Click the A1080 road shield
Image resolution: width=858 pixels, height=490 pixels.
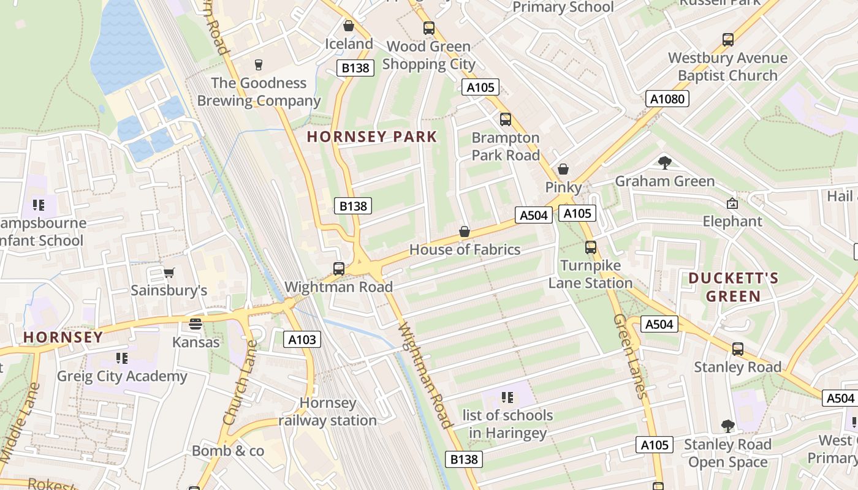coord(667,99)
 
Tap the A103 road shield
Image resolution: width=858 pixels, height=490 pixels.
coord(302,339)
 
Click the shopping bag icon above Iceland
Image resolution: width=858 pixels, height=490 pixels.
coord(349,26)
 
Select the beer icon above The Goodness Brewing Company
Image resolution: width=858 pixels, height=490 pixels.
coord(258,64)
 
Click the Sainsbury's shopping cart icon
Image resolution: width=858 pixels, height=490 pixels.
coord(169,273)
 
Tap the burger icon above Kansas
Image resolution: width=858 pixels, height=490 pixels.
coord(196,324)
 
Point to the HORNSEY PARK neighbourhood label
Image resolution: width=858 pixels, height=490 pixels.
coord(372,137)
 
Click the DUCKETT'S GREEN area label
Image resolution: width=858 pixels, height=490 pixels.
coord(733,287)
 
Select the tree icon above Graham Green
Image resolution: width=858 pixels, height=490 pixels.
coord(664,162)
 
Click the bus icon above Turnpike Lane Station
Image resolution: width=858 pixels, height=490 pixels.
coord(590,247)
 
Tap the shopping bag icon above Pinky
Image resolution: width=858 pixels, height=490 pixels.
coord(563,169)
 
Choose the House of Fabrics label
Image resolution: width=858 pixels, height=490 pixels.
coord(465,249)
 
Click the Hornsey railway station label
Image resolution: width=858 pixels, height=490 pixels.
coord(328,412)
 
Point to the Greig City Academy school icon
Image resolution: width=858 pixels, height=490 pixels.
coord(121,358)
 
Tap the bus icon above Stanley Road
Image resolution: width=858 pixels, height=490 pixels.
coord(737,349)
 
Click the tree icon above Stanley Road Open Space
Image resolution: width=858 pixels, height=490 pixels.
coord(727,426)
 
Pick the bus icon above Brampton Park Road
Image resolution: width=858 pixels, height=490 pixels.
coord(505,119)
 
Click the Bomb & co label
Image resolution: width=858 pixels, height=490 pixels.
coord(228,451)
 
